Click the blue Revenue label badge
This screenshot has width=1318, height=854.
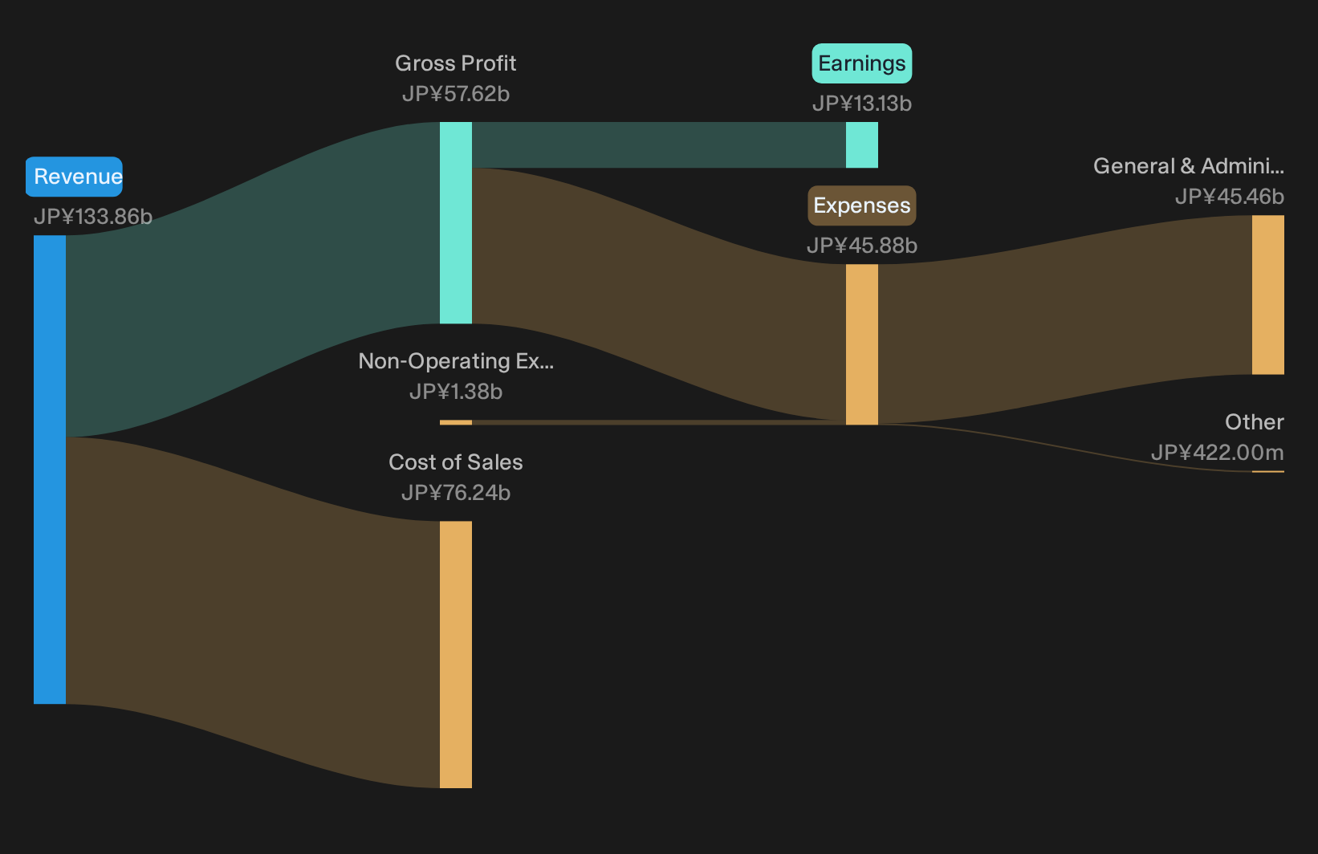(74, 177)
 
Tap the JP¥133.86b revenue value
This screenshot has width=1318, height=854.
(93, 217)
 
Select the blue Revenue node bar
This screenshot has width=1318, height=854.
(50, 470)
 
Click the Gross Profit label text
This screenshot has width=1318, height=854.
(455, 63)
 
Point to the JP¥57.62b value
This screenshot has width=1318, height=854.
(455, 94)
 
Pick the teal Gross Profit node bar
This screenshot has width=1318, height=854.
(456, 222)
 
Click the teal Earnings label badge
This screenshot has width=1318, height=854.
(862, 63)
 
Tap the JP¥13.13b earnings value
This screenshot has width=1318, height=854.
(862, 104)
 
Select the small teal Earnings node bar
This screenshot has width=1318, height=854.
(862, 144)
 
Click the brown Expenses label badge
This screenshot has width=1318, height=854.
(862, 205)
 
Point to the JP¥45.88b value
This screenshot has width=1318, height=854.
(862, 246)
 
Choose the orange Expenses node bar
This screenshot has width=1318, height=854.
(862, 344)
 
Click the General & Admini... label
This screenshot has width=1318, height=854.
(1189, 166)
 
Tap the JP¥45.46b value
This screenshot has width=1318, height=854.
(1230, 197)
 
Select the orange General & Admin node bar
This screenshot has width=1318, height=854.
(1268, 295)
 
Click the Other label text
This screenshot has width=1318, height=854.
(1255, 422)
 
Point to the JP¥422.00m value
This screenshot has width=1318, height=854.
(1218, 453)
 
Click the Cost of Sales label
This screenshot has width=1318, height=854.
(455, 462)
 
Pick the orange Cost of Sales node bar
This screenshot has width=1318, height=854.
(456, 654)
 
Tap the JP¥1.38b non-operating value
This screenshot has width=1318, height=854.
(455, 392)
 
